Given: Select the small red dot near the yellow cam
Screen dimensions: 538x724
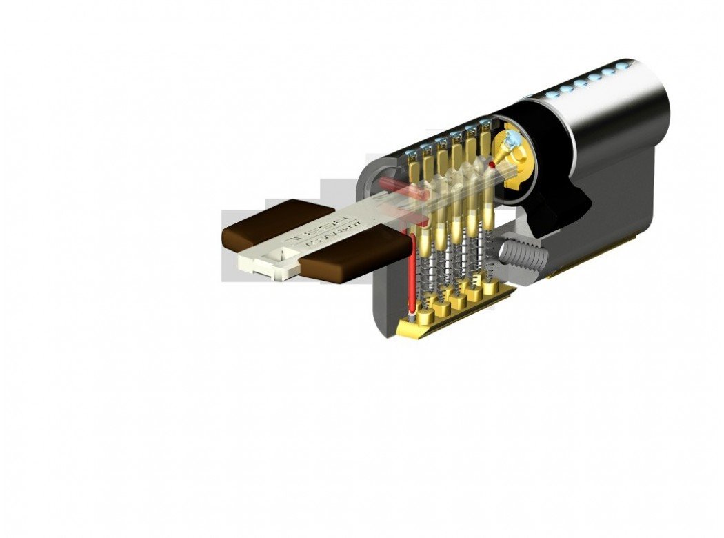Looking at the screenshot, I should tap(491, 166).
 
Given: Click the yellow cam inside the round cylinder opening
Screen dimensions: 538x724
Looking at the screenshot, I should tap(514, 155).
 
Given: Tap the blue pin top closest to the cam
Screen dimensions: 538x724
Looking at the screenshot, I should tap(485, 123).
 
